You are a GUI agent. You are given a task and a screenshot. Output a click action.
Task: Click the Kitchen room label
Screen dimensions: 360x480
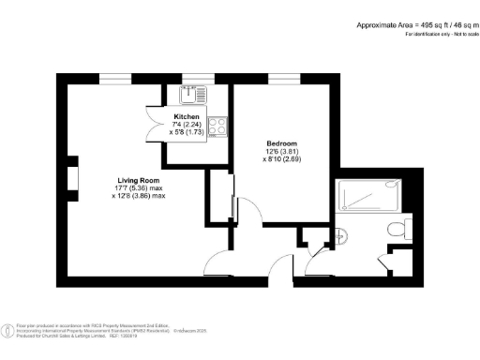tap(198, 117)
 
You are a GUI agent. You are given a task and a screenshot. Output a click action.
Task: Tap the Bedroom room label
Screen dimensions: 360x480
tap(280, 143)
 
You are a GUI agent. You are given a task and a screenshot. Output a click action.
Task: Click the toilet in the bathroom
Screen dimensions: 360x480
tap(401, 228)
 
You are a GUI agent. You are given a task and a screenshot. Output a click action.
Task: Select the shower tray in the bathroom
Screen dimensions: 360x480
tap(369, 193)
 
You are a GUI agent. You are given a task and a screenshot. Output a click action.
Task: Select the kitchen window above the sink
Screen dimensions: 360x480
tap(195, 77)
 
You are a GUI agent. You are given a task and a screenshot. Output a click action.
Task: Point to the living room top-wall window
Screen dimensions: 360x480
tap(114, 77)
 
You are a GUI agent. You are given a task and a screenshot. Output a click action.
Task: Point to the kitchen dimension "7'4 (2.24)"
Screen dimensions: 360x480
tap(198, 125)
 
